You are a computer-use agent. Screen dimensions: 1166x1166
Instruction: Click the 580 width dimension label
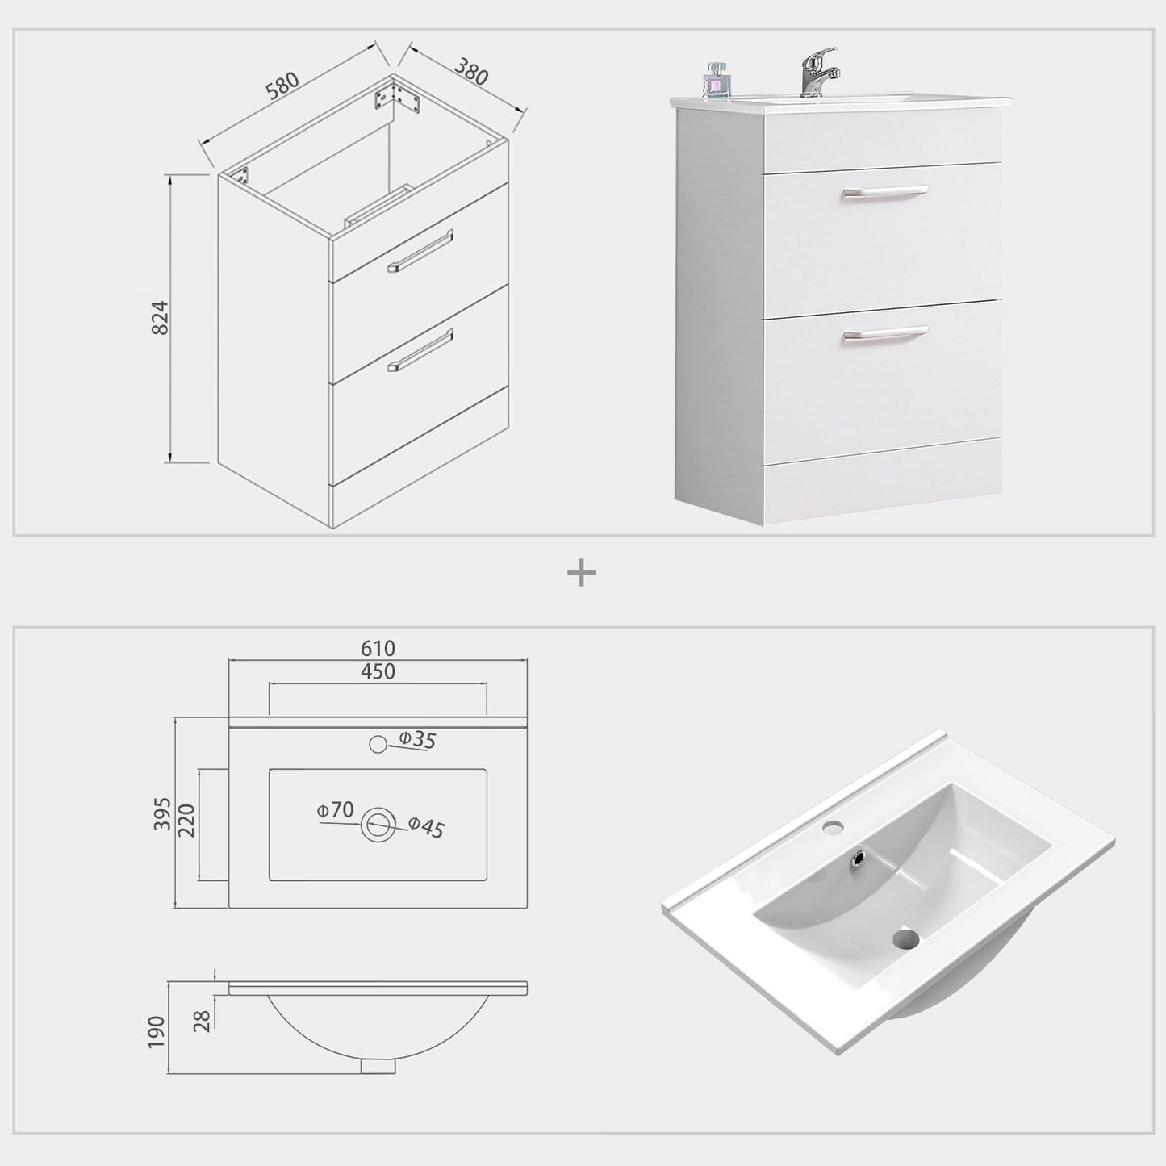(x=282, y=87)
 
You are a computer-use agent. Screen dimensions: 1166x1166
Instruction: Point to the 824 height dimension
(x=161, y=318)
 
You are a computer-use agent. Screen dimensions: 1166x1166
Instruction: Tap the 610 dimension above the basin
(x=378, y=648)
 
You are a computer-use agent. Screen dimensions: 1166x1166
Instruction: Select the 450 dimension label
(x=378, y=671)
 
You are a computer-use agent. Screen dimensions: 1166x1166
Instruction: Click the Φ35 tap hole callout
(x=417, y=739)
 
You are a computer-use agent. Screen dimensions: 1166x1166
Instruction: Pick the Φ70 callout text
(x=335, y=809)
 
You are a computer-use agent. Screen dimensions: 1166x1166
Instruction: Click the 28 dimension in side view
(x=204, y=1021)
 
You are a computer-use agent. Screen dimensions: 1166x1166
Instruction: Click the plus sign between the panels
(x=581, y=574)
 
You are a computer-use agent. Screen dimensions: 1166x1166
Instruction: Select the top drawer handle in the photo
(x=884, y=192)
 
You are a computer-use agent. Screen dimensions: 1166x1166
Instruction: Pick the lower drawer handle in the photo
(x=884, y=332)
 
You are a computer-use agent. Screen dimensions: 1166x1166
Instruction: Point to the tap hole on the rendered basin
(x=834, y=826)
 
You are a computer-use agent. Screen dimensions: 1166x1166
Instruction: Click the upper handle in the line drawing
(x=420, y=250)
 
